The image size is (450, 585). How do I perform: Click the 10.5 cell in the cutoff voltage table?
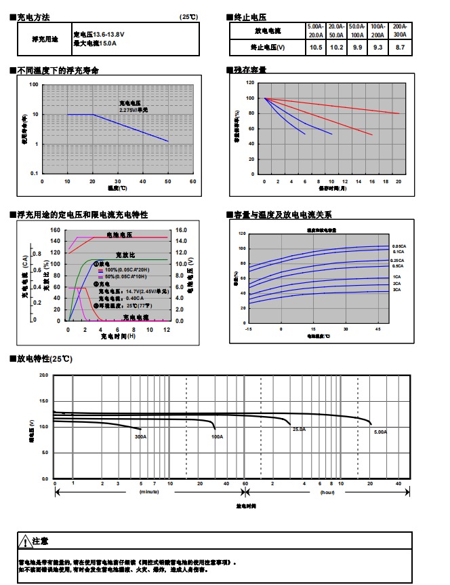point(315,48)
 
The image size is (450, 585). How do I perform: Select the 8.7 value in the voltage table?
point(400,48)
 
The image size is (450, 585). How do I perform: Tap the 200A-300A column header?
point(400,30)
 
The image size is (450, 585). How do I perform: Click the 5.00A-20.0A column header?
point(316,30)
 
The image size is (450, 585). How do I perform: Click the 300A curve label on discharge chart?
point(140,436)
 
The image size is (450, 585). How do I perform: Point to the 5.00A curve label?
point(380,432)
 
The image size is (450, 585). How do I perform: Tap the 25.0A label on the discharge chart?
point(299,430)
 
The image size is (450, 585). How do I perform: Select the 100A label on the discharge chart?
point(217,436)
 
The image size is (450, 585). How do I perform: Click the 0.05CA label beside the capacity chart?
point(398,246)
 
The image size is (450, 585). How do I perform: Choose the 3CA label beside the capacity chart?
point(396,290)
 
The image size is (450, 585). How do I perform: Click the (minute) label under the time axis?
point(148,491)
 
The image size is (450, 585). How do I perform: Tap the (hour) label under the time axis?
point(327,491)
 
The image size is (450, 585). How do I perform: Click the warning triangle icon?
point(25,541)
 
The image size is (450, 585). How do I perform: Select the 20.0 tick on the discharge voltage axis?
point(44,375)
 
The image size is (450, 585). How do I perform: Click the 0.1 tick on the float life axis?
point(34,174)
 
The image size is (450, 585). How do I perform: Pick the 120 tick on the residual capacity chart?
point(250,82)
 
